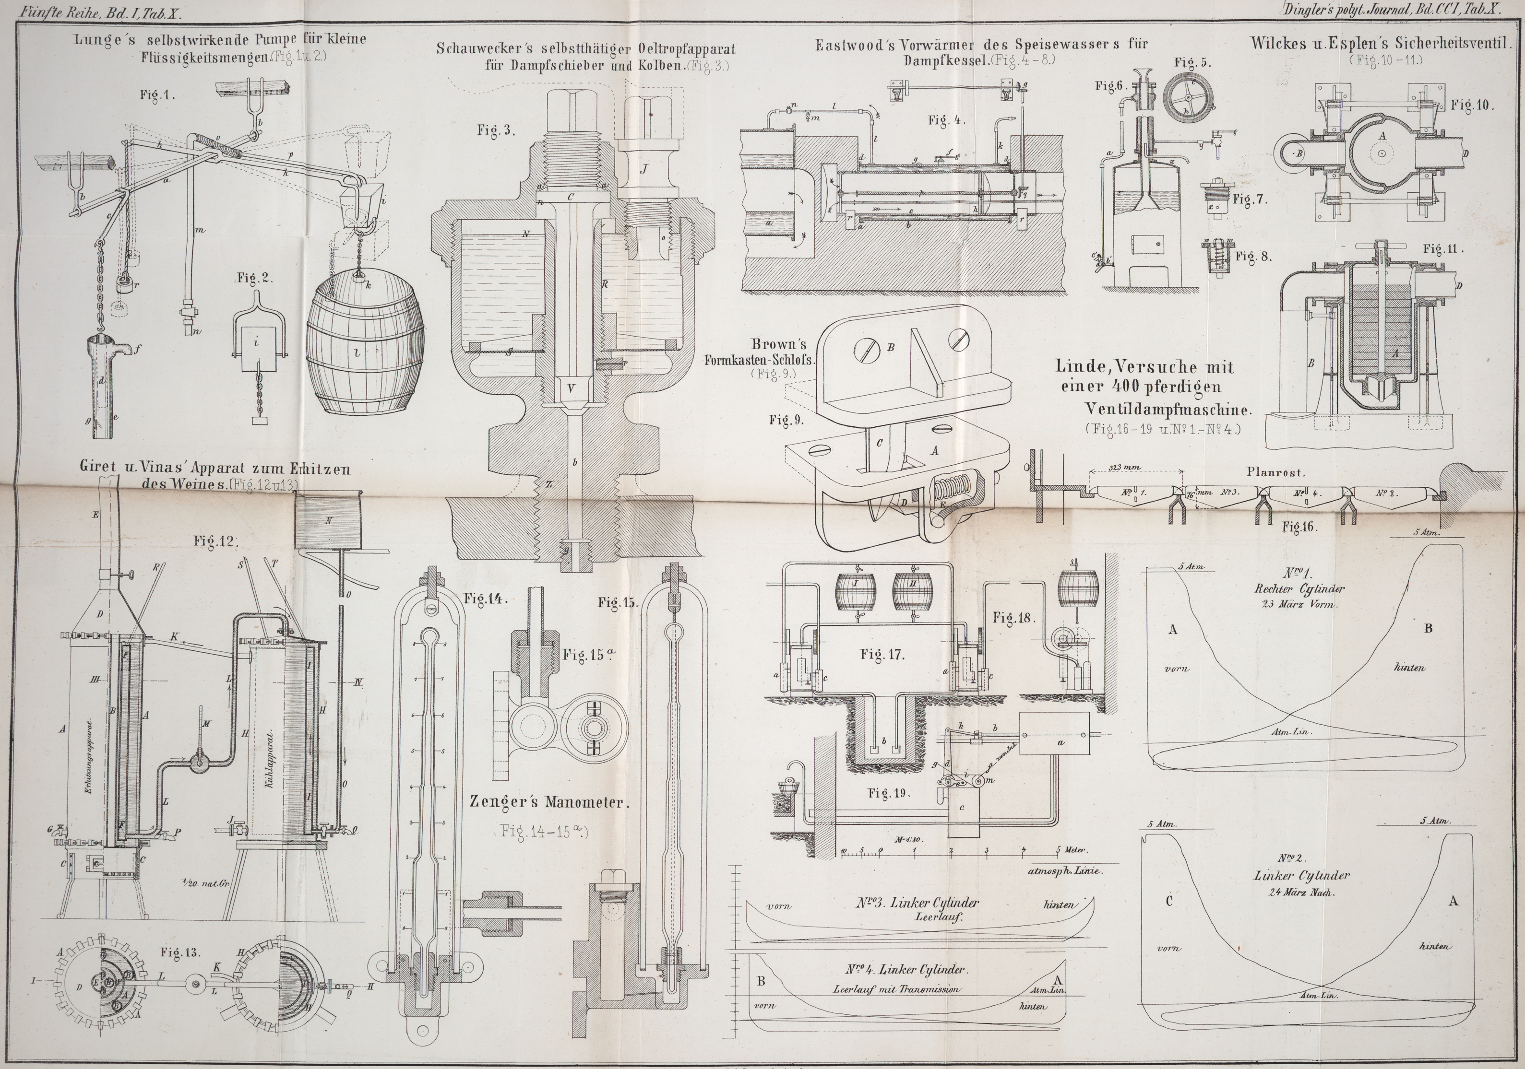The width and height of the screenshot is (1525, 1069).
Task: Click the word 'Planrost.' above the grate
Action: pyautogui.click(x=1276, y=473)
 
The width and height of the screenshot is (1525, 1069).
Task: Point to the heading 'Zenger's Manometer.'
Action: pyautogui.click(x=548, y=802)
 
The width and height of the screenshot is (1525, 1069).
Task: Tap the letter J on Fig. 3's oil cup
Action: pyautogui.click(x=643, y=170)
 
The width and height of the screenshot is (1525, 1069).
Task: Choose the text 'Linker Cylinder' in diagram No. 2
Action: pyautogui.click(x=1302, y=876)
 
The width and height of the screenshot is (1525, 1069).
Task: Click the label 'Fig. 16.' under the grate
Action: pyautogui.click(x=1299, y=527)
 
